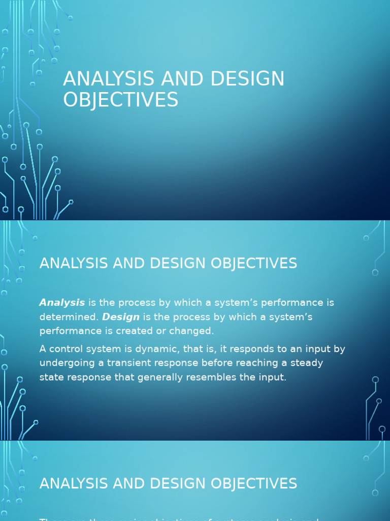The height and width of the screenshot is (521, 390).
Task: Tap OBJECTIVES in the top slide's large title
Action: (120, 100)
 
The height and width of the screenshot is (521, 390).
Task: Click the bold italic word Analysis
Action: (62, 303)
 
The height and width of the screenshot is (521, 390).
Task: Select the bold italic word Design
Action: (121, 317)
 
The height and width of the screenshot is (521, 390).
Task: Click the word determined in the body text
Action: (68, 317)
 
